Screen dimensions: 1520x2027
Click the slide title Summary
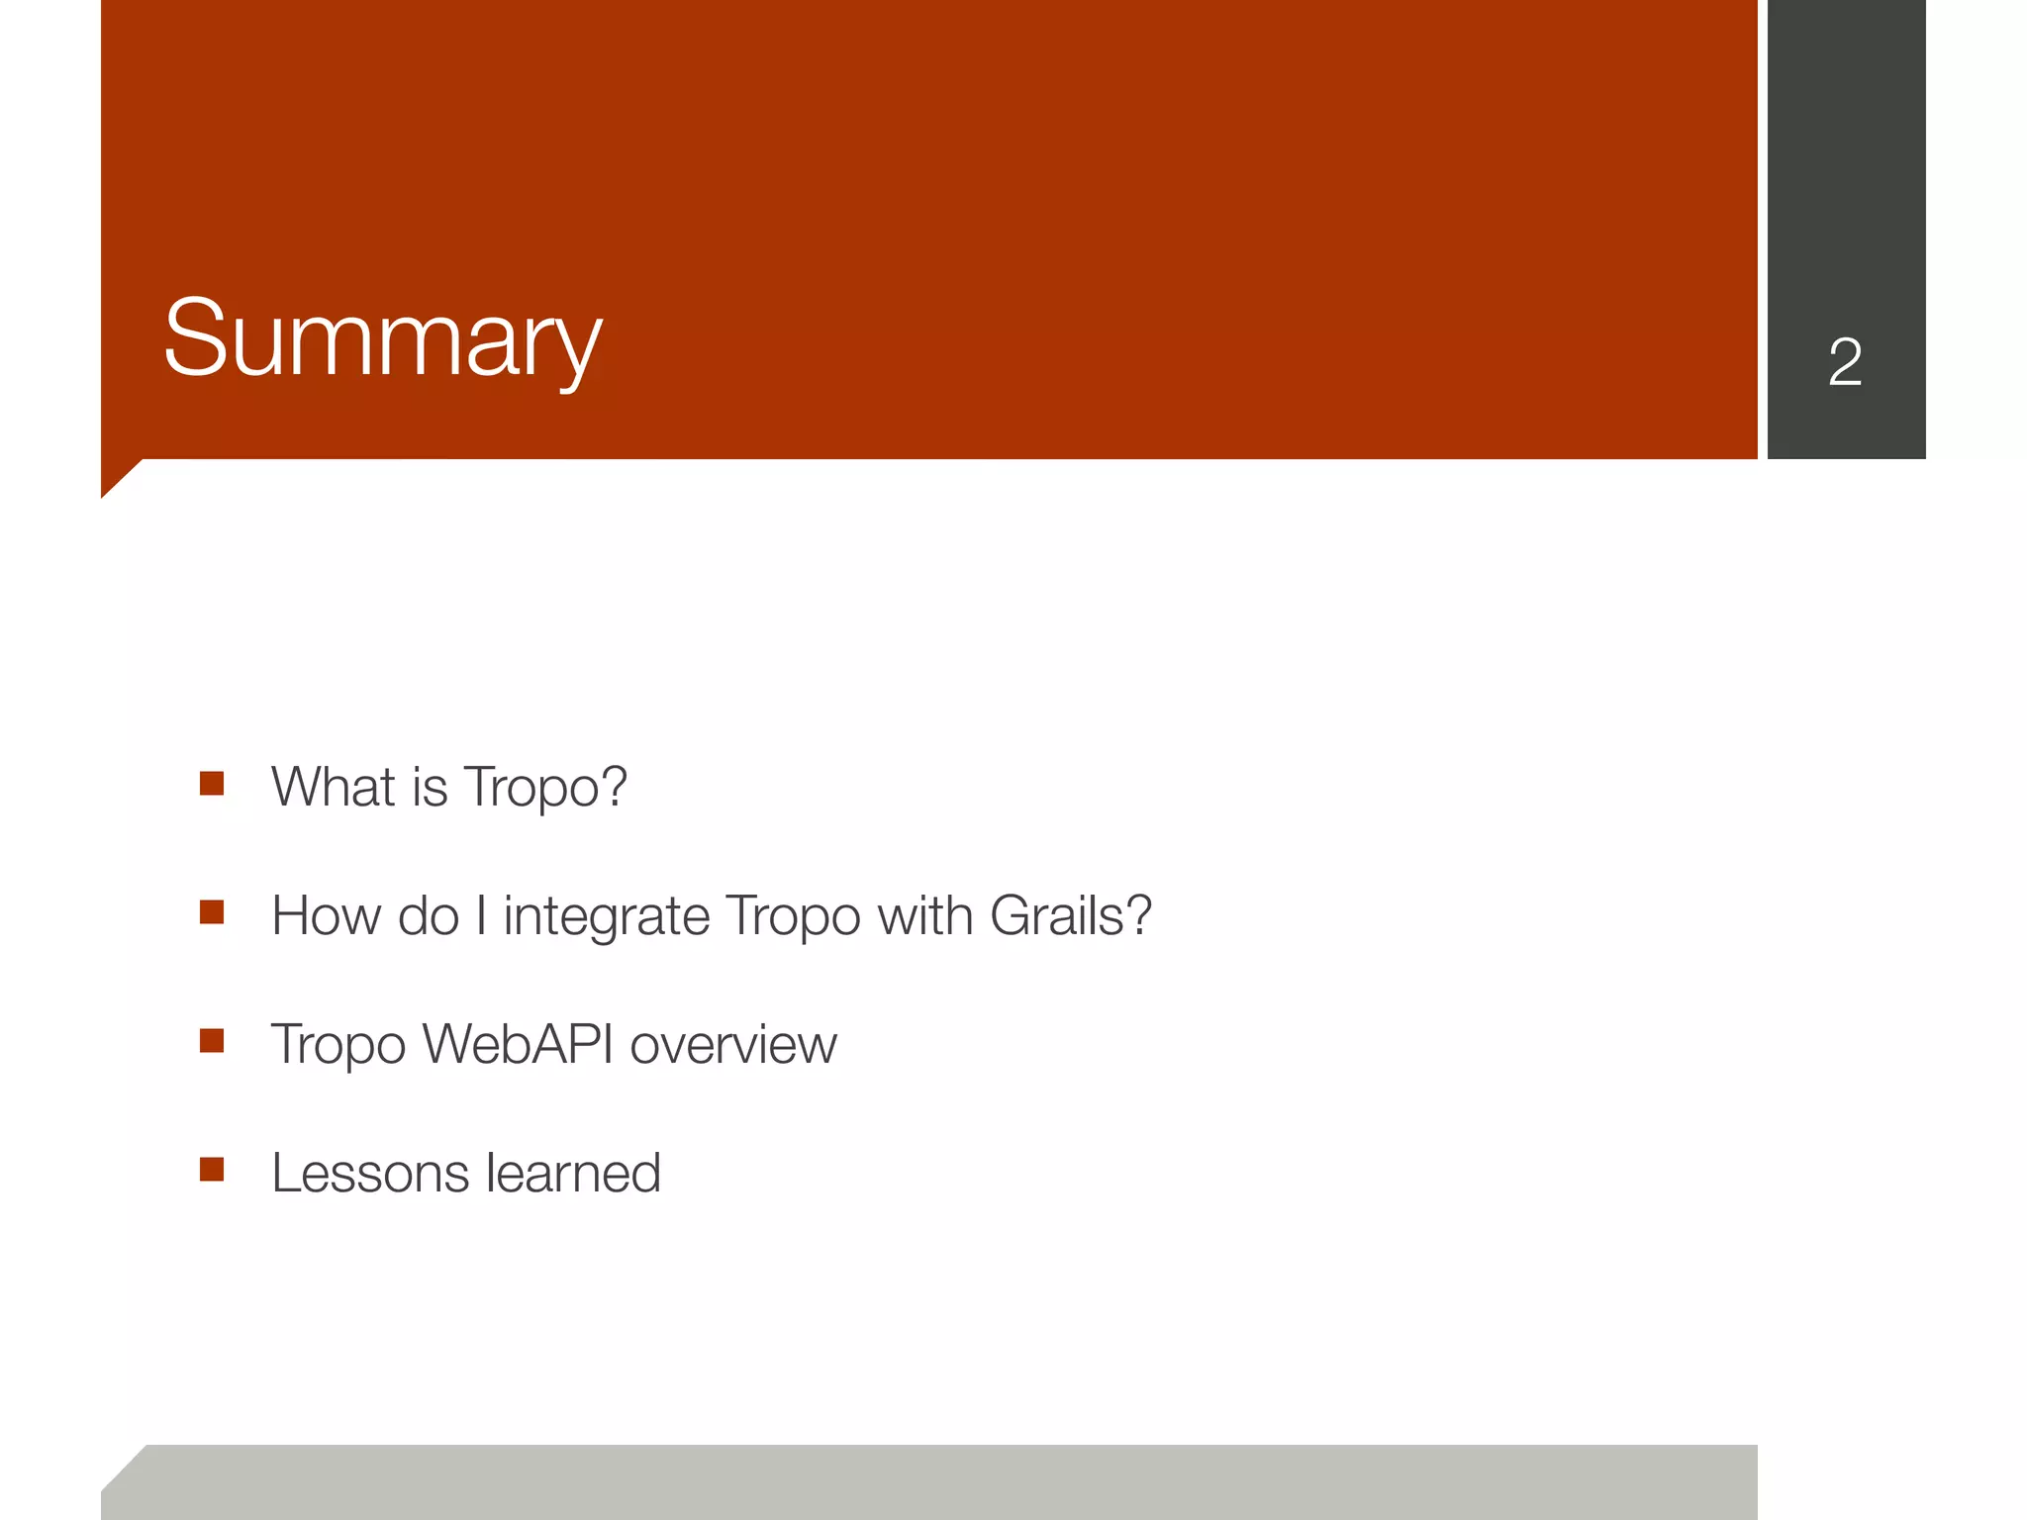click(x=382, y=338)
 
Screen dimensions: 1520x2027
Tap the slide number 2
click(x=1845, y=362)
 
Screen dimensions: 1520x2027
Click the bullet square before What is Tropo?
click(x=212, y=784)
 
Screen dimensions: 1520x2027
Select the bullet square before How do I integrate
click(x=212, y=911)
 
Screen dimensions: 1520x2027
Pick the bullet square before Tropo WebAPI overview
click(x=212, y=1040)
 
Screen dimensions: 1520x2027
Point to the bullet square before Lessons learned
click(x=212, y=1170)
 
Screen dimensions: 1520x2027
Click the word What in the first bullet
click(x=333, y=787)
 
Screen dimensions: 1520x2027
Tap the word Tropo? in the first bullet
click(x=545, y=789)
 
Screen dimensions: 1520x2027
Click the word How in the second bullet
click(x=327, y=915)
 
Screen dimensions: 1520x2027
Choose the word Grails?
click(x=1071, y=915)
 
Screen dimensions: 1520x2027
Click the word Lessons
click(x=369, y=1174)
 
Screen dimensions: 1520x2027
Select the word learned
click(x=573, y=1174)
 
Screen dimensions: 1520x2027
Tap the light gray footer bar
click(x=930, y=1481)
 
